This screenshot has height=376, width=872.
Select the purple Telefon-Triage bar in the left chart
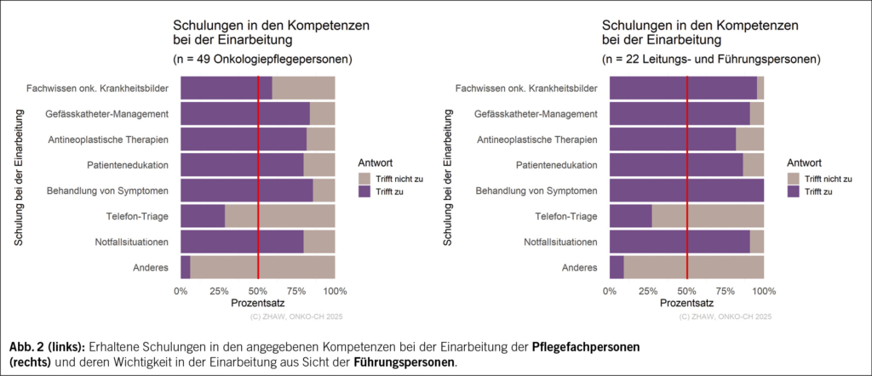[x=203, y=216]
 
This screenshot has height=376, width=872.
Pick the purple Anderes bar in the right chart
[x=617, y=267]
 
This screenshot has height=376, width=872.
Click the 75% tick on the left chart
[x=297, y=291]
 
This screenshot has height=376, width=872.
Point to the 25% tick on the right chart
[x=648, y=291]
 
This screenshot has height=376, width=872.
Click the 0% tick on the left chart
[x=181, y=291]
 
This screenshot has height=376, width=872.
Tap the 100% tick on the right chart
[x=764, y=291]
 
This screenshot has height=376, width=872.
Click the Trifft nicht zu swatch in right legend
[x=794, y=178]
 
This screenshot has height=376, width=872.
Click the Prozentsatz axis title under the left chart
[x=258, y=303]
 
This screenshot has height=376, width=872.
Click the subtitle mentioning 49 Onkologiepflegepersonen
[x=264, y=60]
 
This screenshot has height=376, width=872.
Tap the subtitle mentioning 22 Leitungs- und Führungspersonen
[x=710, y=60]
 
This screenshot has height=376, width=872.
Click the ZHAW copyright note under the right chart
[x=726, y=316]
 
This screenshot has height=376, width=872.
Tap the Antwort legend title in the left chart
[x=376, y=162]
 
